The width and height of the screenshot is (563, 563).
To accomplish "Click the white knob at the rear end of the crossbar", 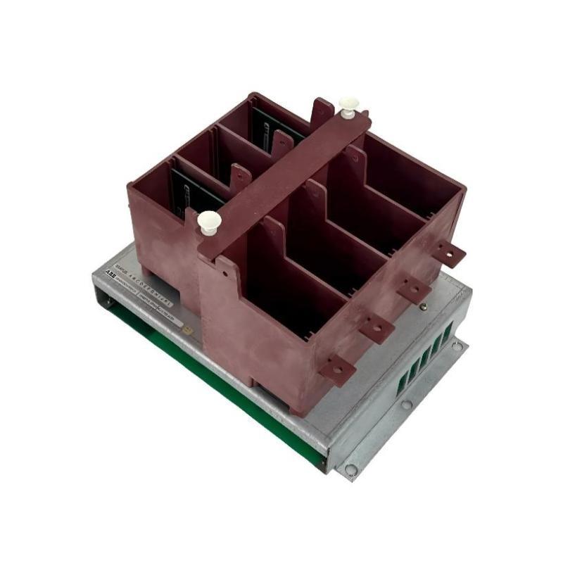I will pos(348,106).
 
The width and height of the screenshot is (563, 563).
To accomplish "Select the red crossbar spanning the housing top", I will pos(281,176).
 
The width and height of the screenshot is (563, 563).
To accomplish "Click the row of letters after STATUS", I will pos(148,276).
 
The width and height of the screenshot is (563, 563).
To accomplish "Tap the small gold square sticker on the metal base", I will pos(181,328).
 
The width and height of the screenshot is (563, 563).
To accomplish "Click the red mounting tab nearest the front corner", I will pos(336,368).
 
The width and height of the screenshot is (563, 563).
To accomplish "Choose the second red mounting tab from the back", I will pos(414,289).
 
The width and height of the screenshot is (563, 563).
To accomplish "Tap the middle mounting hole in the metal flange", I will pos(406,405).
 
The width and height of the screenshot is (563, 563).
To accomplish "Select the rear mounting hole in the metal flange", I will pos(457,346).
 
